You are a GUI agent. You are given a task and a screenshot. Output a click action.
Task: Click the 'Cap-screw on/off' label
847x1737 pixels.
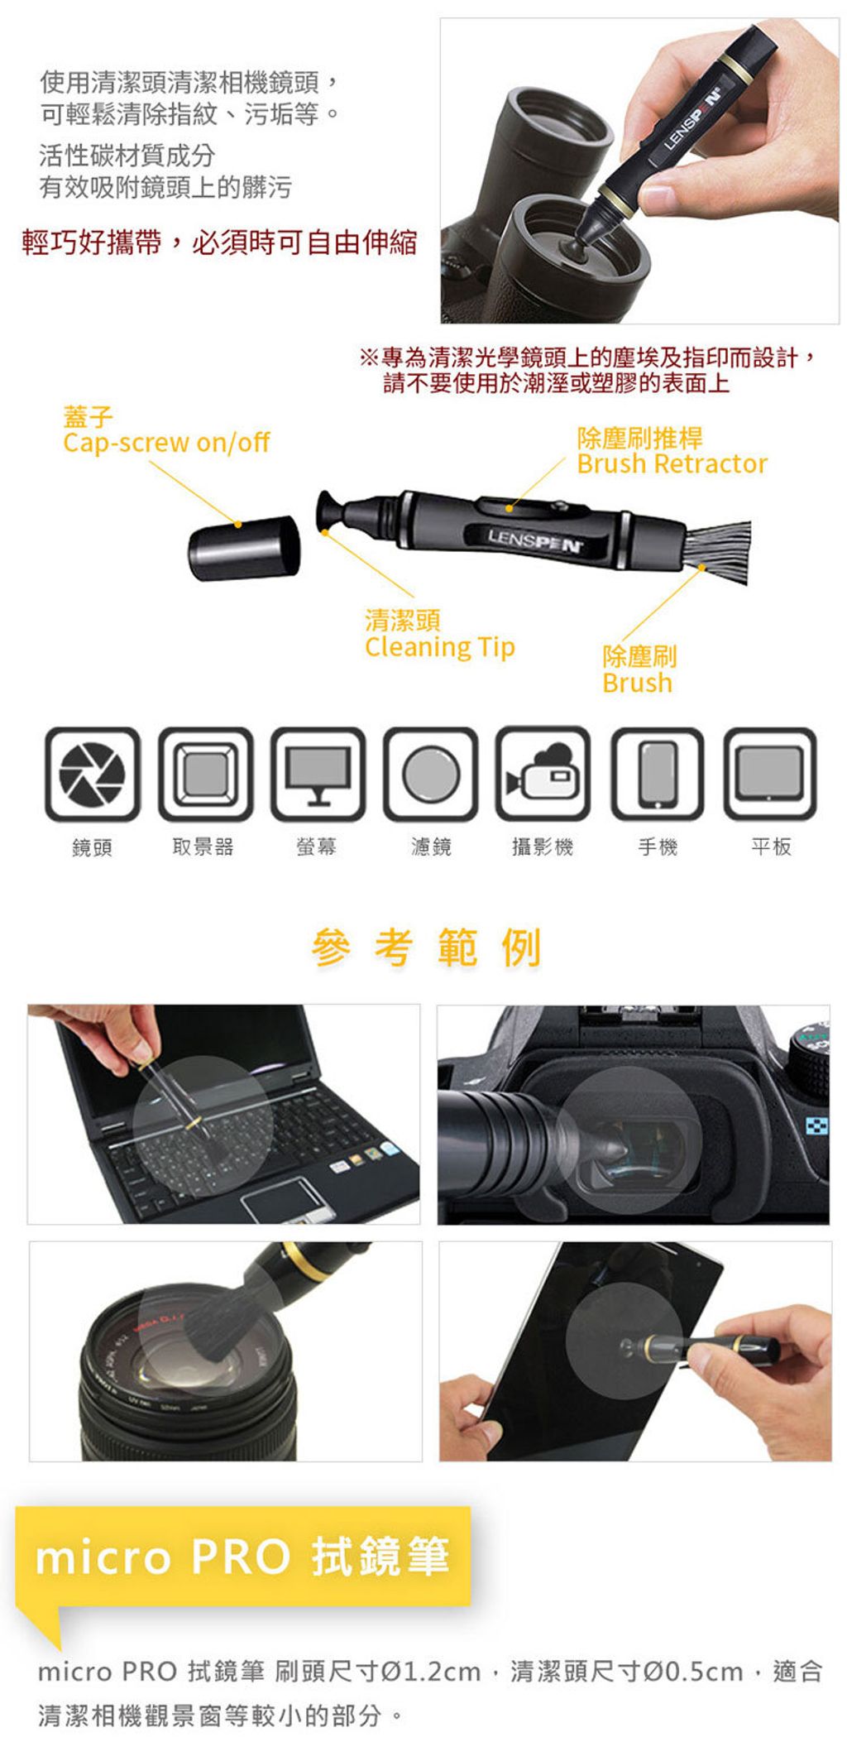pos(166,443)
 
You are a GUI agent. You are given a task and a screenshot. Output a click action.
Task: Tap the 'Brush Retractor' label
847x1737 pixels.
pos(672,463)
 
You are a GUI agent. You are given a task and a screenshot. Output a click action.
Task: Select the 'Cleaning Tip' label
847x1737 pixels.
pos(439,647)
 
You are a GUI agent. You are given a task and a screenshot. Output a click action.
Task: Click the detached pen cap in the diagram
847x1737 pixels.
pos(244,547)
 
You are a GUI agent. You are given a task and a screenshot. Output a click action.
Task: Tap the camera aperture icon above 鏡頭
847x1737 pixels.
pos(93,775)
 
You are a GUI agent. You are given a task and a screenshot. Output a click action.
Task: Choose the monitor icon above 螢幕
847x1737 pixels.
pos(318,775)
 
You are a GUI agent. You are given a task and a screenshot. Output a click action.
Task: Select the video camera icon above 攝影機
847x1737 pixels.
pos(543,775)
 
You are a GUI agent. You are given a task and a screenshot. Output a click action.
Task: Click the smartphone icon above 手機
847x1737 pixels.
pos(658,775)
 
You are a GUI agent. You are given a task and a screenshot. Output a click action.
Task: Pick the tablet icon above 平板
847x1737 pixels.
pos(770,775)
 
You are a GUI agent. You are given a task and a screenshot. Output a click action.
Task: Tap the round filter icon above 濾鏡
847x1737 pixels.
pos(431,775)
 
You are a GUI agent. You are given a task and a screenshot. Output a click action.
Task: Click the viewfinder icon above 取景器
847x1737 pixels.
pos(205,775)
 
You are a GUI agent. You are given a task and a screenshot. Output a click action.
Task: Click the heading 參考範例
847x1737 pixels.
pos(427,948)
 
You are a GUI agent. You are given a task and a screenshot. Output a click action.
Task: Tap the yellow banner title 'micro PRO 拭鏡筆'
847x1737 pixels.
pos(242,1557)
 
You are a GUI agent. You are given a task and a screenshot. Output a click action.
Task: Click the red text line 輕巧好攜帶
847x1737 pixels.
pos(219,242)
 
